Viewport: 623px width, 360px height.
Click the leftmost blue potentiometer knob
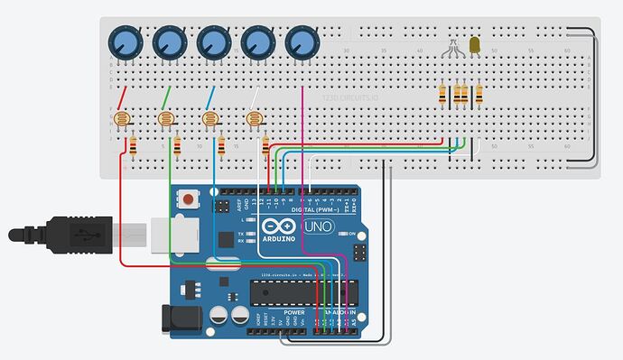point(126,41)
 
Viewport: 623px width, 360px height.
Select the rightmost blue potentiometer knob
point(302,41)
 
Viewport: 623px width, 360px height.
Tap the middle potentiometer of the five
point(214,41)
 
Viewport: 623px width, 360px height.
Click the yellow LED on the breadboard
point(476,44)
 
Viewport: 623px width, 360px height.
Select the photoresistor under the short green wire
point(164,118)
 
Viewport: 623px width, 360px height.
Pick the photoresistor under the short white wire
point(254,118)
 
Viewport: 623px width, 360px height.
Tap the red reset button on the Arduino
point(189,198)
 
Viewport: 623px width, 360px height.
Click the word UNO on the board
point(314,226)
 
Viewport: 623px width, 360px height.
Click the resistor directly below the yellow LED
point(479,94)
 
